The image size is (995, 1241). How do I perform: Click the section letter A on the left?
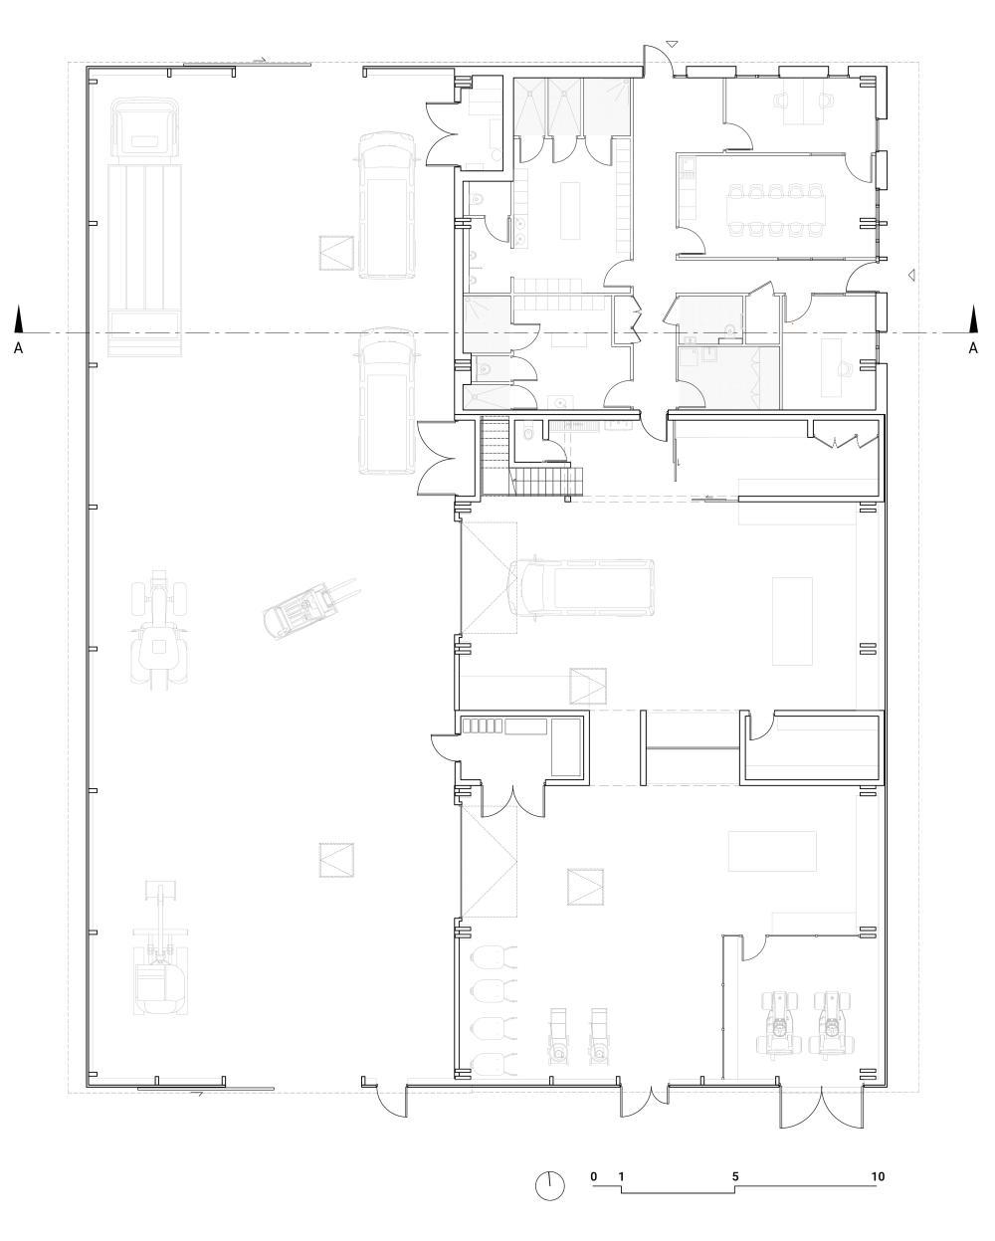(x=18, y=347)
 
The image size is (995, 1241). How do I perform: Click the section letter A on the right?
(x=973, y=347)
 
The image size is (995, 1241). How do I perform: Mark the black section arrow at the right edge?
(x=973, y=319)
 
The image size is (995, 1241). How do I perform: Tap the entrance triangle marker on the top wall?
(x=673, y=44)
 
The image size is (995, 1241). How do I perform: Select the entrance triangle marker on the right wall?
(x=908, y=274)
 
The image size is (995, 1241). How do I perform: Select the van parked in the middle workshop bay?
(x=582, y=587)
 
